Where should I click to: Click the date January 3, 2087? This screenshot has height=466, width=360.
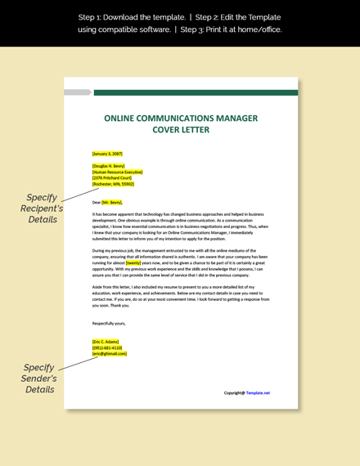pyautogui.click(x=107, y=154)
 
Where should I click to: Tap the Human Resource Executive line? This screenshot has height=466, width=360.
pyautogui.click(x=117, y=173)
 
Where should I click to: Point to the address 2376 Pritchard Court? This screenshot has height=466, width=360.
pyautogui.click(x=113, y=178)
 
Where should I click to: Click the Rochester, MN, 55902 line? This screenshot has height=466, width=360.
pyautogui.click(x=114, y=184)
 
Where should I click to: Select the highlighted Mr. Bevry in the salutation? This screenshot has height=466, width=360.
pyautogui.click(x=112, y=202)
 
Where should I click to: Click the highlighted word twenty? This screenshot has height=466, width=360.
pyautogui.click(x=133, y=263)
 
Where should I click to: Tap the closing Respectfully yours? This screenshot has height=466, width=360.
pyautogui.click(x=109, y=323)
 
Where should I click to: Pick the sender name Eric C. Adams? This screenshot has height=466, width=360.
pyautogui.click(x=106, y=342)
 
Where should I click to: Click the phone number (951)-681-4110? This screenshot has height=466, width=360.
pyautogui.click(x=107, y=347)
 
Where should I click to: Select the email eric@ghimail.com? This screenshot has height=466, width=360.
pyautogui.click(x=110, y=353)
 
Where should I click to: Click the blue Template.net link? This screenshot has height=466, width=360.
pyautogui.click(x=258, y=392)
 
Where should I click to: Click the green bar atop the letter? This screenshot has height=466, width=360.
pyautogui.click(x=196, y=93)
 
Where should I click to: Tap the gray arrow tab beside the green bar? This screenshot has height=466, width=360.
pyautogui.click(x=77, y=92)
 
